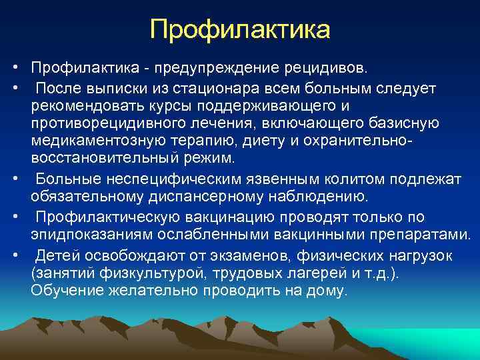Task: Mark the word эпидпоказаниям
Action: (86, 235)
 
